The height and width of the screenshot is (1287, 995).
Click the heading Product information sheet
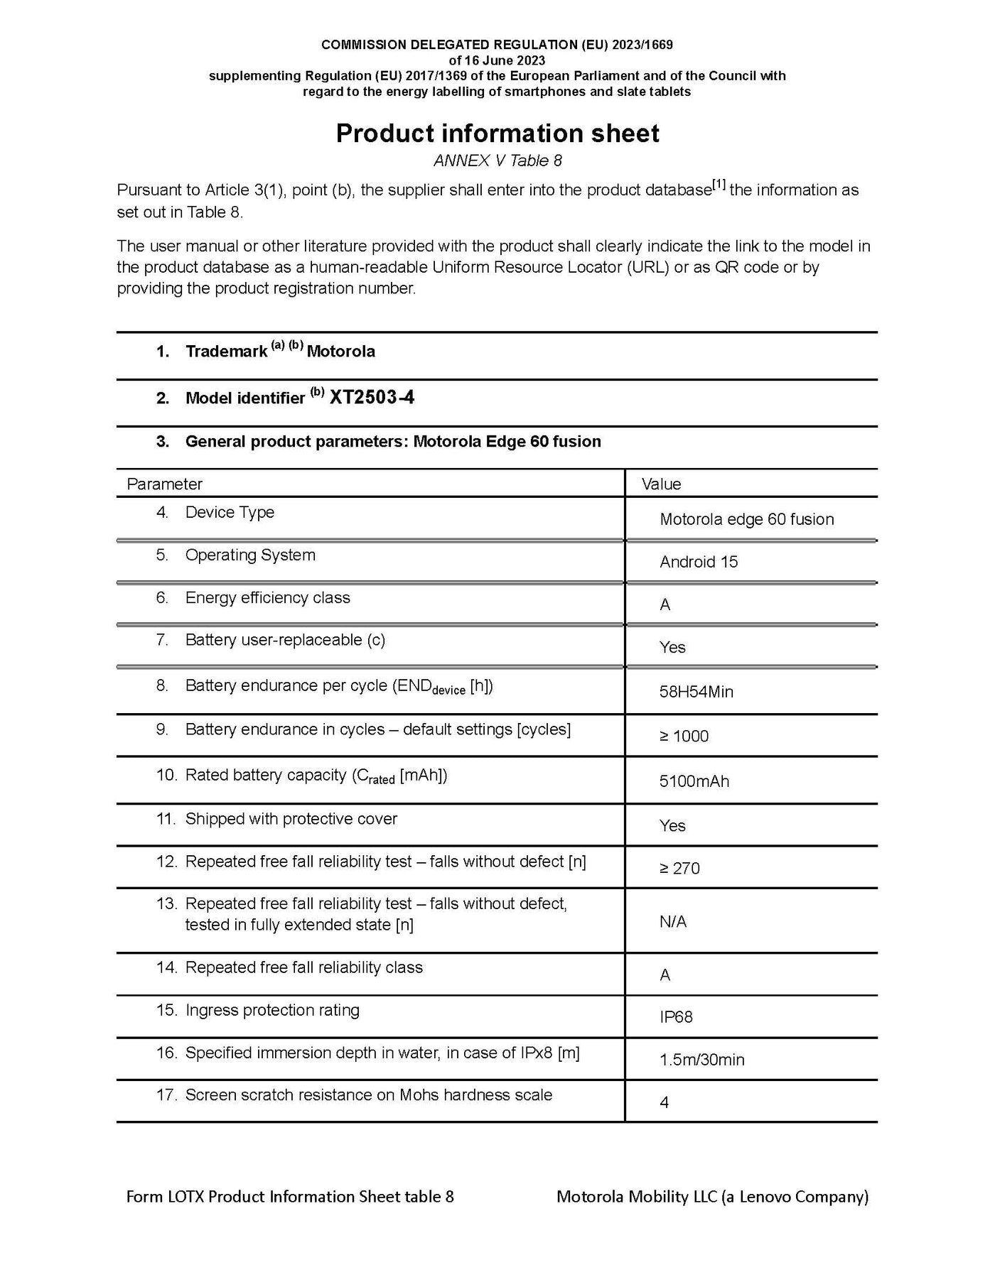(x=497, y=134)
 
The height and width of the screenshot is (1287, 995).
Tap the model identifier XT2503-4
(x=372, y=397)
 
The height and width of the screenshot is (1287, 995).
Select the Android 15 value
(x=699, y=562)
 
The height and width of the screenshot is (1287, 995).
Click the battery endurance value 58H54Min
(x=696, y=691)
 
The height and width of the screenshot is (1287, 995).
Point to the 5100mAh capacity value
(x=694, y=781)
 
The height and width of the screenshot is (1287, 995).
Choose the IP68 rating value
(x=676, y=1017)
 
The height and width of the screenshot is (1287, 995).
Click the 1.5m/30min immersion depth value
(x=701, y=1060)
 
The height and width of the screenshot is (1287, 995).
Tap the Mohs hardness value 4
(x=665, y=1102)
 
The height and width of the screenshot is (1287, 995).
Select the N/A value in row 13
(x=672, y=921)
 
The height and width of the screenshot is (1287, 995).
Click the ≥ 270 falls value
(x=679, y=868)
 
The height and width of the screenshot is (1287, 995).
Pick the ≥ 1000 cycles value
(x=684, y=736)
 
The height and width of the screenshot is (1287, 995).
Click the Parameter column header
(x=164, y=484)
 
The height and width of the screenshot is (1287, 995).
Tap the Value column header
(x=661, y=484)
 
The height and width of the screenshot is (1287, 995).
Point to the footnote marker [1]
(x=719, y=186)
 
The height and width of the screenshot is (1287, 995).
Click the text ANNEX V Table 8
(x=497, y=161)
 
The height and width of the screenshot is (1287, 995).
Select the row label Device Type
(x=230, y=512)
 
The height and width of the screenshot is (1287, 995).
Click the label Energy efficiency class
(x=267, y=597)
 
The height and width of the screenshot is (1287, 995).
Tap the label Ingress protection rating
(x=272, y=1010)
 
